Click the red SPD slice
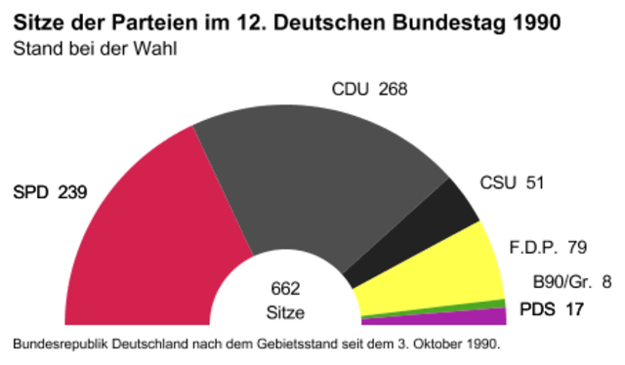[146, 244]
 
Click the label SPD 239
[49, 192]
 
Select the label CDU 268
[369, 90]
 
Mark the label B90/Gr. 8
[571, 283]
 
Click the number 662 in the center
[285, 290]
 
